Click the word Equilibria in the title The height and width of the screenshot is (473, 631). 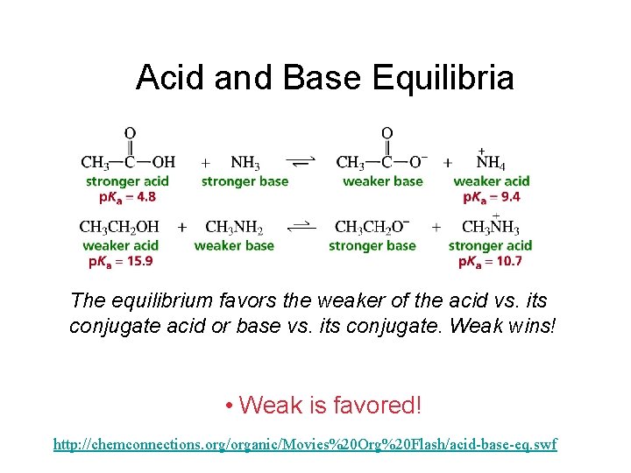point(443,80)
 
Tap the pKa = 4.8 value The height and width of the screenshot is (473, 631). point(126,197)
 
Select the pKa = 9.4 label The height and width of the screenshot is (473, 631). point(491,197)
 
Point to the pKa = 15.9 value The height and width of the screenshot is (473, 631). point(120,261)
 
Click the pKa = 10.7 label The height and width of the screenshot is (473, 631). point(490,261)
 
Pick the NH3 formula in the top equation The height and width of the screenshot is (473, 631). point(245,162)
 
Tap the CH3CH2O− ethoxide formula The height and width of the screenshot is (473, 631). point(372,228)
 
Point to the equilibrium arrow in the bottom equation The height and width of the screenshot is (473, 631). point(302,227)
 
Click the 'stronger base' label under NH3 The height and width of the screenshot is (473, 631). point(245,181)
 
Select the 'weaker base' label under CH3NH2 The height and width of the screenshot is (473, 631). point(234,245)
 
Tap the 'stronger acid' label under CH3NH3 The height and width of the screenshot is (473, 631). point(490,245)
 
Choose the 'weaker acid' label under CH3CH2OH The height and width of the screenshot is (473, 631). point(120,245)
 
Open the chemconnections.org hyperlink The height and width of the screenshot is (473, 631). point(304,444)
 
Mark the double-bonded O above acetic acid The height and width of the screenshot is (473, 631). point(130,134)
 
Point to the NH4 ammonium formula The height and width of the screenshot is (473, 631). point(491,162)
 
